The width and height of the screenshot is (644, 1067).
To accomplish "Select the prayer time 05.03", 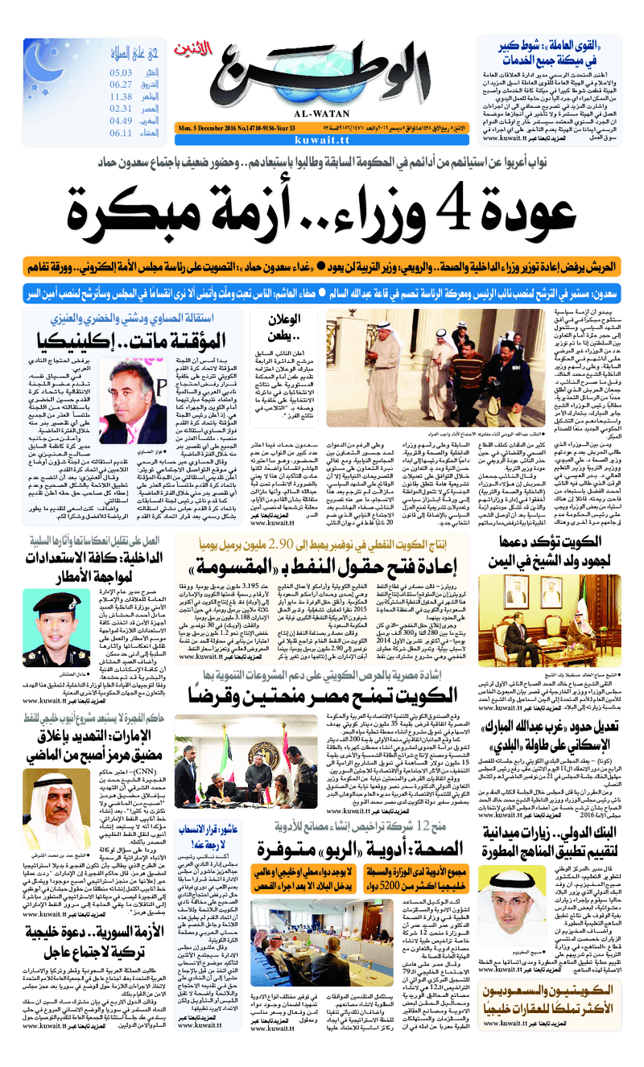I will (121, 72).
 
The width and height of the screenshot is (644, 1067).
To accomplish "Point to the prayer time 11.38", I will (121, 97).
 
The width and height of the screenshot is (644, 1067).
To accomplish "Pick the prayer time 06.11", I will (121, 133).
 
